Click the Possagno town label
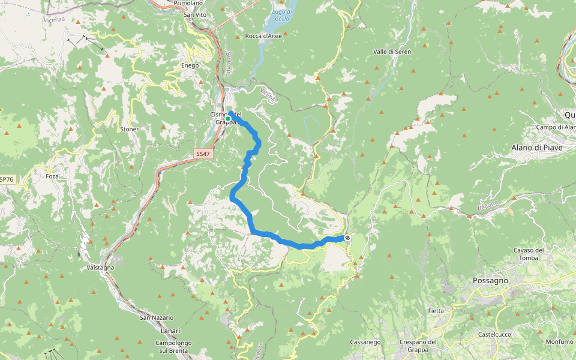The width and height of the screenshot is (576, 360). [490, 280]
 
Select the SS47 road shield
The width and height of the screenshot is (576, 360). [203, 154]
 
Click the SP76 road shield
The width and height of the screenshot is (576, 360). [6, 179]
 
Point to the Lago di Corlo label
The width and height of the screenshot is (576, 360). [281, 15]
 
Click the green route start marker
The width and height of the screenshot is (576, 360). [228, 119]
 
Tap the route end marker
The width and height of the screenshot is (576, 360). [347, 238]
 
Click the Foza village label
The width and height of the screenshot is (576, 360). [52, 177]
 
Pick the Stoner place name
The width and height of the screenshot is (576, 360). [129, 130]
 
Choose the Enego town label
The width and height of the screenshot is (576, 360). [190, 65]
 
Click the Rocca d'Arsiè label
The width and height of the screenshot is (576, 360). [263, 36]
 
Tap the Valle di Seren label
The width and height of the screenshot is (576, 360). [392, 52]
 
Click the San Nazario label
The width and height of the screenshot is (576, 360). [157, 317]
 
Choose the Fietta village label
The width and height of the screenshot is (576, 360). [436, 311]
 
